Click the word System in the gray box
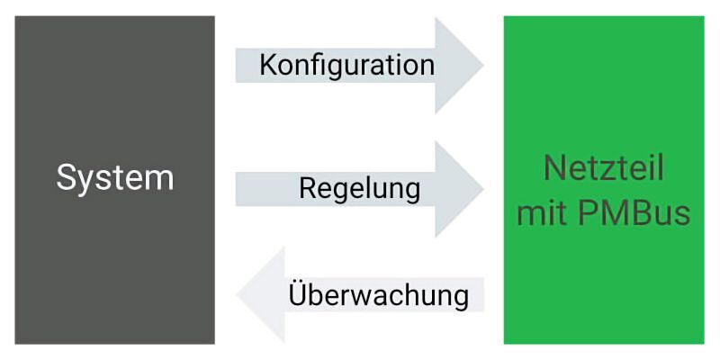[x=114, y=177]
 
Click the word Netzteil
[x=604, y=167]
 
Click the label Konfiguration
[x=346, y=65]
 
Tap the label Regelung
[x=359, y=189]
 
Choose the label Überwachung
[x=379, y=294]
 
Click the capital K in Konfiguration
[x=267, y=65]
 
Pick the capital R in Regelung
[x=307, y=189]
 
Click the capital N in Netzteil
[x=553, y=167]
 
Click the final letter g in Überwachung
[x=460, y=297]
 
